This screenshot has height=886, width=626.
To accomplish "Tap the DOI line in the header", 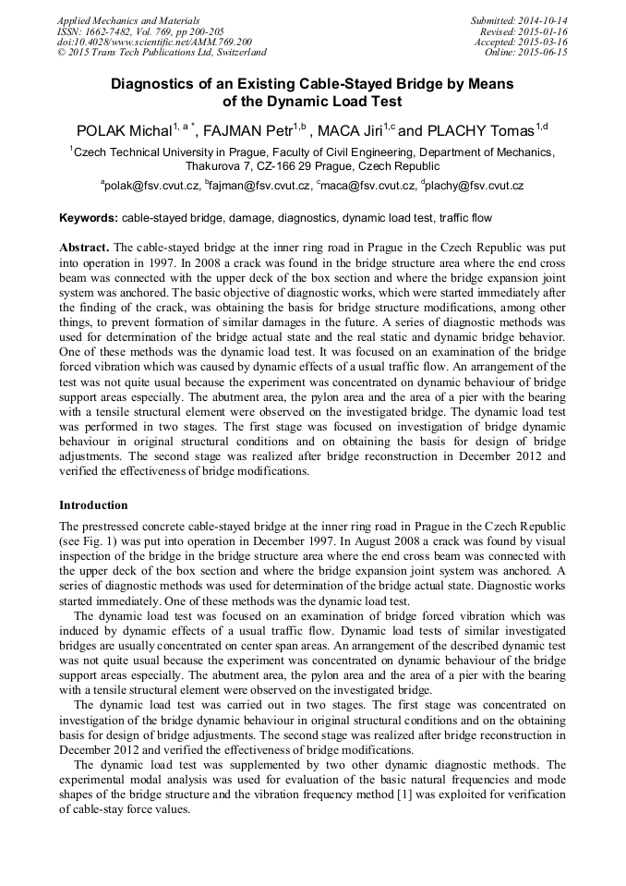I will (154, 42).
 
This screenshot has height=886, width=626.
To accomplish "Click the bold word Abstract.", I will (84, 249).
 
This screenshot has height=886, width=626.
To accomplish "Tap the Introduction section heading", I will (93, 505).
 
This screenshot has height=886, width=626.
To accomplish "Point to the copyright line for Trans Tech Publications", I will (162, 53).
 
